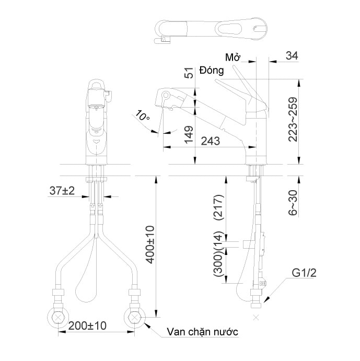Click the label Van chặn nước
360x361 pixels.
tap(203, 332)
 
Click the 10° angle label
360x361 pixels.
tap(142, 116)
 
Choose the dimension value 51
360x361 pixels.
tap(189, 73)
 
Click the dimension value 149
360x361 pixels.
tap(189, 137)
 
